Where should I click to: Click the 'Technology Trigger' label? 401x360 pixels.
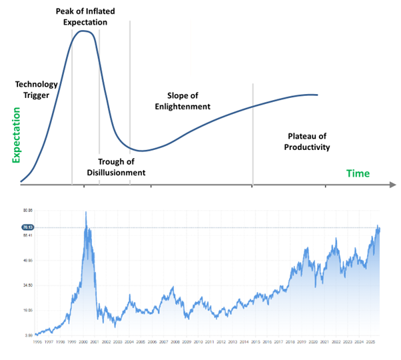pyautogui.click(x=36, y=91)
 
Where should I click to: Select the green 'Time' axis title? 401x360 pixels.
pyautogui.click(x=357, y=173)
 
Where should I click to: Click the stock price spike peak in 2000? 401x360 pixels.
pyautogui.click(x=85, y=212)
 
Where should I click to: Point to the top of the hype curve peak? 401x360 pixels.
pyautogui.click(x=85, y=31)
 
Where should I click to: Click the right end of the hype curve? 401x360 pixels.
pyautogui.click(x=318, y=95)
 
